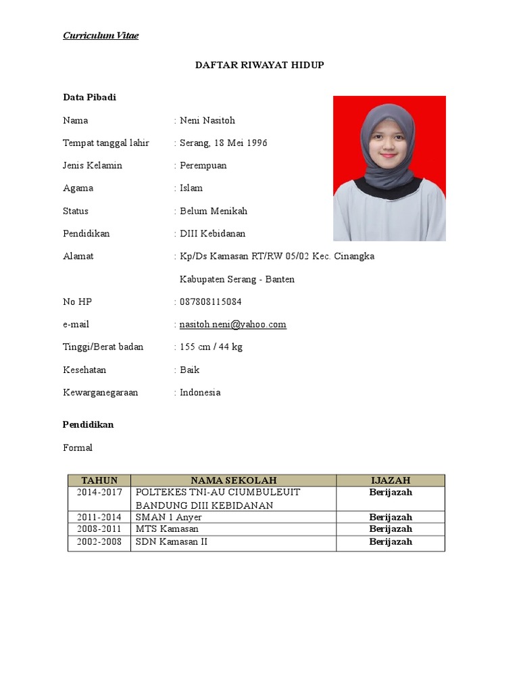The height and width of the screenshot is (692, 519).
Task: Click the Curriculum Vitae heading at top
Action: [x=101, y=35]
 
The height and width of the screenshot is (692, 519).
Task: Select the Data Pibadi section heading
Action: [x=89, y=97]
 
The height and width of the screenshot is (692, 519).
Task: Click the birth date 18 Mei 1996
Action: [x=241, y=143]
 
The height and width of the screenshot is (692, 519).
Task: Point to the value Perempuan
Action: [x=203, y=166]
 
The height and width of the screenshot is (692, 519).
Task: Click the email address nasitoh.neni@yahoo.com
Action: [x=232, y=324]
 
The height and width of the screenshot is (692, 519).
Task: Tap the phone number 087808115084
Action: [x=210, y=301]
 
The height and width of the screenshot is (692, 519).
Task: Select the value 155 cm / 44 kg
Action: [x=211, y=347]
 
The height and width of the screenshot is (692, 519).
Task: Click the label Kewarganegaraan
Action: [x=100, y=393]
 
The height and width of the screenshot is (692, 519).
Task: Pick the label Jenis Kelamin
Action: [x=93, y=166]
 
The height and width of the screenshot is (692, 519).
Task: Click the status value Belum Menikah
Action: [x=214, y=211]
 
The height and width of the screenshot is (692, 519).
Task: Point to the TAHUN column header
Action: [x=99, y=480]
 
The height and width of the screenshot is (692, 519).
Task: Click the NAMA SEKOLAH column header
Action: [x=233, y=480]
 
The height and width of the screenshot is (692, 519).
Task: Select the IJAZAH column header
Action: [x=391, y=480]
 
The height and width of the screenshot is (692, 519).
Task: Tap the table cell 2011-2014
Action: [x=99, y=517]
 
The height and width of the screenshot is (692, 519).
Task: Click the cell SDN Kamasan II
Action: [x=172, y=542]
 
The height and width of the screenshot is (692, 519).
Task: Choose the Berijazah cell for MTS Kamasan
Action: [x=391, y=529]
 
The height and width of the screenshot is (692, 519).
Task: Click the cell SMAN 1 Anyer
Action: [x=168, y=517]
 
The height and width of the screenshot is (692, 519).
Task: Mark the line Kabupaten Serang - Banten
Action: [x=237, y=279]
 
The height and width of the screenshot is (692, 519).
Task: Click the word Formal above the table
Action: [x=78, y=448]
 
